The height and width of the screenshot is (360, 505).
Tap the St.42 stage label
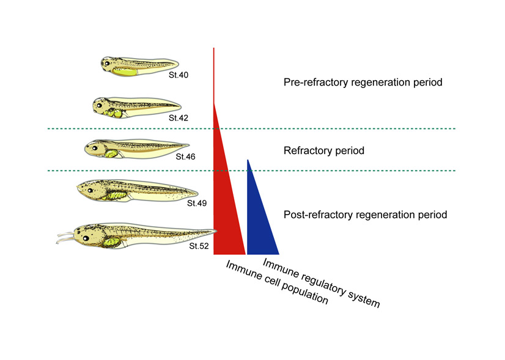(179, 117)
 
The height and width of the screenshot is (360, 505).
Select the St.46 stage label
(185, 156)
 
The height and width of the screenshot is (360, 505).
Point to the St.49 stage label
(197, 202)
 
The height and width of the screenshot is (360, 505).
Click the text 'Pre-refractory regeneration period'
(363, 83)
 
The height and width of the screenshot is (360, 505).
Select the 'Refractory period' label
(324, 150)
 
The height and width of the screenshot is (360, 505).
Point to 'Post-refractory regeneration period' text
(366, 215)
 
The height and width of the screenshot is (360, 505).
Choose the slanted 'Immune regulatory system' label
(321, 281)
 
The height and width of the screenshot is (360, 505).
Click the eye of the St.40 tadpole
(108, 64)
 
